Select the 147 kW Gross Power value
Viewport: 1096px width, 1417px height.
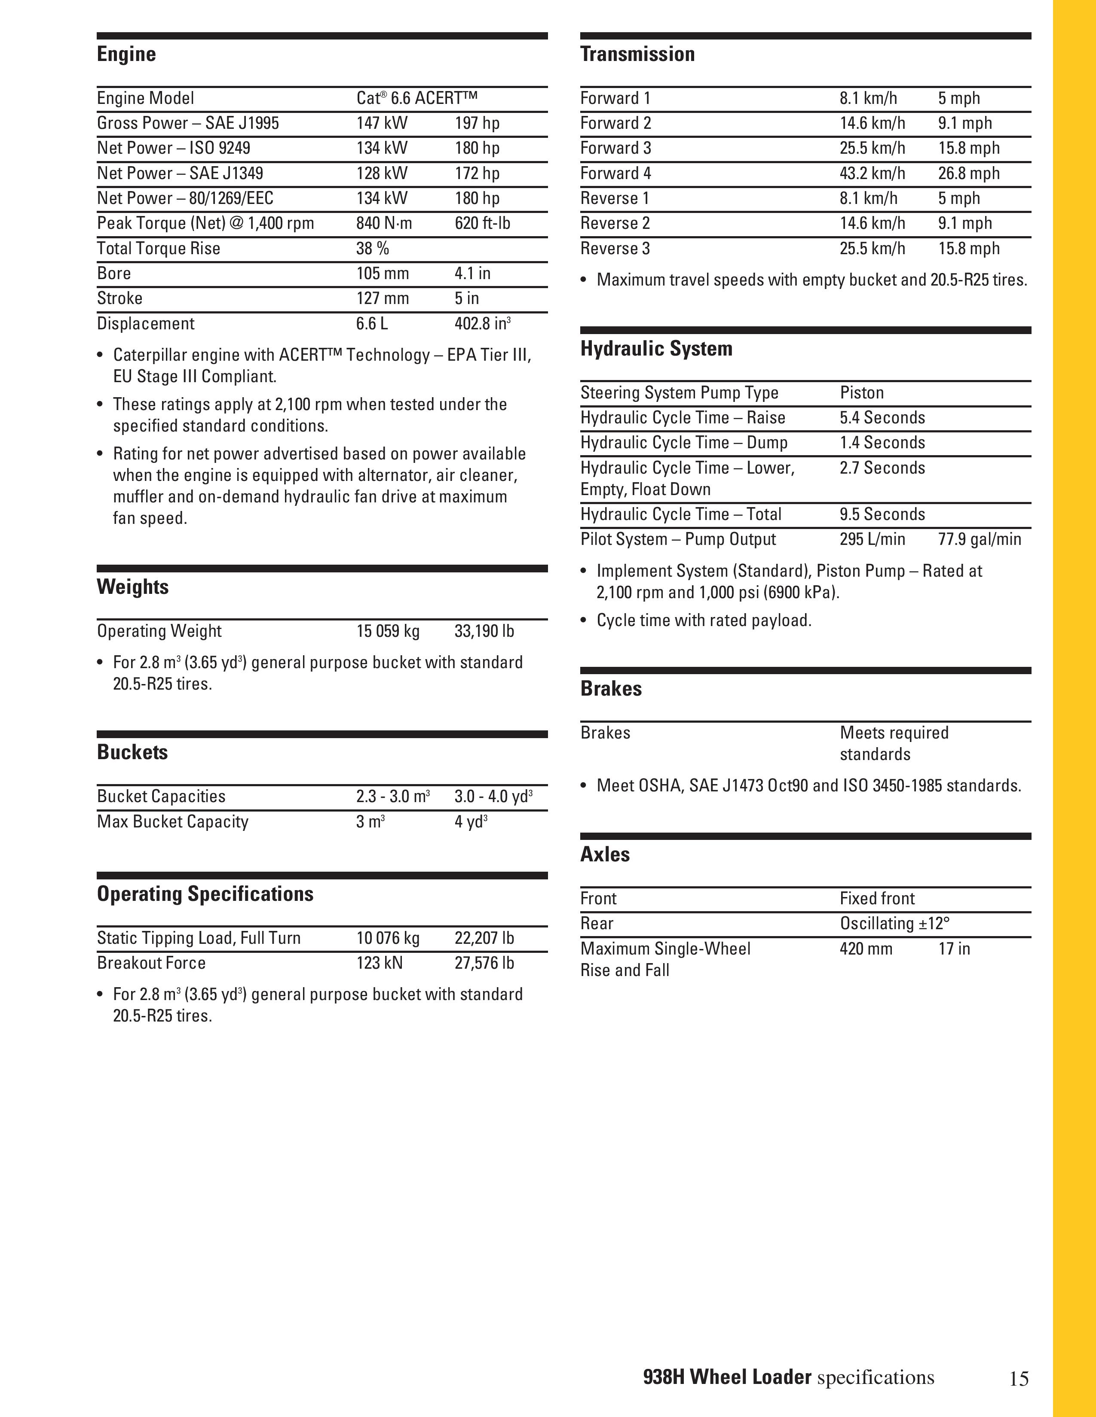click(x=382, y=123)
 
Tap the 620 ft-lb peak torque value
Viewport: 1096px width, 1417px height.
click(x=482, y=223)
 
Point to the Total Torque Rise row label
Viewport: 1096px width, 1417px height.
click(x=159, y=249)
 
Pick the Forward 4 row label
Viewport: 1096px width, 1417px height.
click(x=615, y=173)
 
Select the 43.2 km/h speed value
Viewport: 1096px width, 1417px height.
click(x=872, y=173)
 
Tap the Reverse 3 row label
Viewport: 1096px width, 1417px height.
click(x=615, y=249)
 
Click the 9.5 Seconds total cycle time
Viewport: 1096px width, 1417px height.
click(x=882, y=514)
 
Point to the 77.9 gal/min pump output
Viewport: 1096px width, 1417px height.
click(x=979, y=539)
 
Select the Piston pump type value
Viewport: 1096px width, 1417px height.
click(x=862, y=392)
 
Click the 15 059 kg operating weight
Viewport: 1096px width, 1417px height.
click(x=388, y=631)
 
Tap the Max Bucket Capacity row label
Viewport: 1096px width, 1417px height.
click(x=173, y=822)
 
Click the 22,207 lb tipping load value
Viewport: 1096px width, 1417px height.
click(x=484, y=938)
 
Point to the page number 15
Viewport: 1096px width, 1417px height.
click(x=1019, y=1378)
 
